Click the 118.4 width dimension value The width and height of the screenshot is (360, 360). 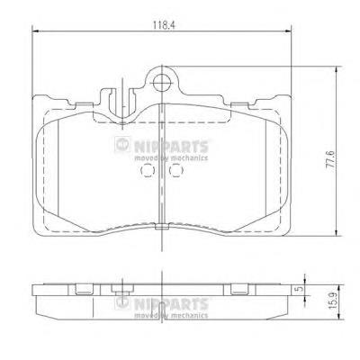tap(164, 25)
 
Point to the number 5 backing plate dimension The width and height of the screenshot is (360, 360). tap(299, 289)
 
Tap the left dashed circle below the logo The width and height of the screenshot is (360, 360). tap(148, 171)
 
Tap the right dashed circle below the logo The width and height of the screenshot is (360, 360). tap(176, 171)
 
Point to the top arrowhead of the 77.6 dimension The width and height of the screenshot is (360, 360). tap(337, 70)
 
